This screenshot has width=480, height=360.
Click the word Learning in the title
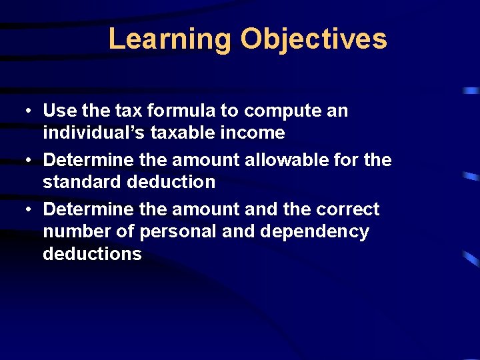click(169, 39)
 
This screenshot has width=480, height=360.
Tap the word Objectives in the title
click(313, 39)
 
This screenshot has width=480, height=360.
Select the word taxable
click(178, 133)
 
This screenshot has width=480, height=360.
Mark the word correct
click(348, 209)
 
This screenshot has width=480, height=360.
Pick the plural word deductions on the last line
click(92, 254)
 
